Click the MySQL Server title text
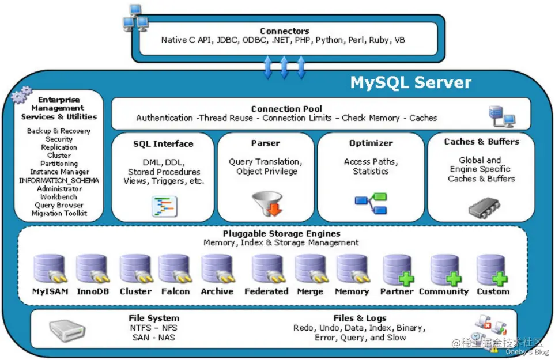click(x=410, y=82)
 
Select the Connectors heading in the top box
click(x=285, y=31)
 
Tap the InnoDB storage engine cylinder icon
click(x=92, y=269)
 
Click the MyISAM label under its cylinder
click(x=50, y=291)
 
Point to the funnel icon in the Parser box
click(x=267, y=203)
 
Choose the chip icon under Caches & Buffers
click(x=484, y=208)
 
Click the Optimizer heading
click(x=371, y=143)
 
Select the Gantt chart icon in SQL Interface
click(x=164, y=206)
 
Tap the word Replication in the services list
click(x=59, y=147)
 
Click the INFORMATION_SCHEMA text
click(x=59, y=180)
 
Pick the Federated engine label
click(x=266, y=291)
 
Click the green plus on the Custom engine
click(x=500, y=279)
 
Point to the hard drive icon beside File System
click(x=67, y=330)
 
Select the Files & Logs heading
click(x=360, y=319)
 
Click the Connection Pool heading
click(x=286, y=109)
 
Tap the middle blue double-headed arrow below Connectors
click(x=284, y=67)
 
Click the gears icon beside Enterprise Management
click(x=21, y=94)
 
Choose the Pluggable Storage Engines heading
click(x=281, y=234)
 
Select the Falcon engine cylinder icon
click(x=175, y=269)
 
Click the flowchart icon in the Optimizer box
click(x=371, y=203)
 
